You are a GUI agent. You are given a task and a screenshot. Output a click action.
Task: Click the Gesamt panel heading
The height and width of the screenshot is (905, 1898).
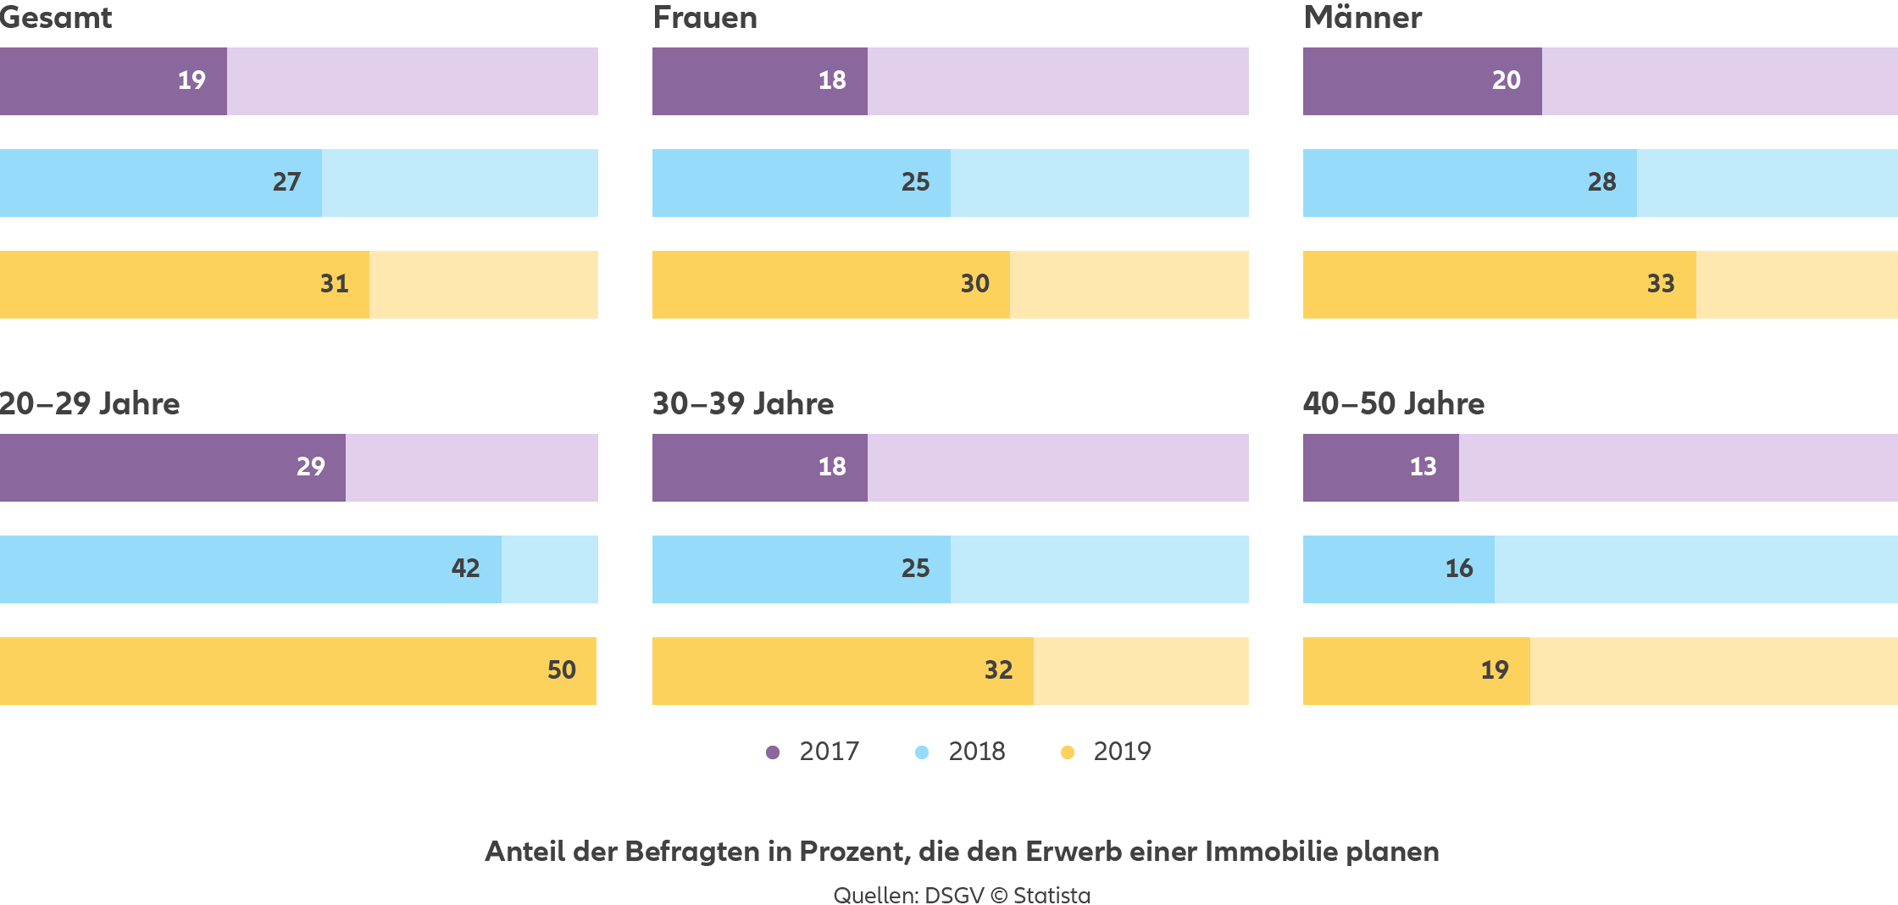(x=56, y=18)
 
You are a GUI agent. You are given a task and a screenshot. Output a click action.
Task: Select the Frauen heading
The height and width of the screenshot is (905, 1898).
(x=705, y=18)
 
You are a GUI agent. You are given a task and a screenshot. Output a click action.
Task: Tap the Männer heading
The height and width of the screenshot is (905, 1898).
(x=1362, y=18)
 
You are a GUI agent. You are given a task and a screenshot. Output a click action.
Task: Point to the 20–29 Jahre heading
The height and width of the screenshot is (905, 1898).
(x=90, y=403)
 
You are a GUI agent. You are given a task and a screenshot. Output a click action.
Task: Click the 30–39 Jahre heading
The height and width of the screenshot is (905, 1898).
(x=743, y=403)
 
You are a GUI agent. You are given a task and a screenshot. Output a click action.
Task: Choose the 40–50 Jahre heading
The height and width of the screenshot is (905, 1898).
(x=1394, y=403)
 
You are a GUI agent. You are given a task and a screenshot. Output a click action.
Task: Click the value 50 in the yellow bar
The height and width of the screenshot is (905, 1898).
(x=561, y=670)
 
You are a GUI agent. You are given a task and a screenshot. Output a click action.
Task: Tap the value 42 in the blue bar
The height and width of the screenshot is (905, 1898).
(x=465, y=569)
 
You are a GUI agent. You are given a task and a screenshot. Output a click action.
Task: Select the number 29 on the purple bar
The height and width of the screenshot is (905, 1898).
(x=310, y=467)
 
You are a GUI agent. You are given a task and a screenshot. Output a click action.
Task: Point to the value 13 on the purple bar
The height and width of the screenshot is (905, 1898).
(x=1423, y=467)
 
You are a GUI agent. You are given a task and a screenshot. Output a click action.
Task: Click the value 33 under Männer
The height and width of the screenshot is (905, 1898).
(x=1660, y=284)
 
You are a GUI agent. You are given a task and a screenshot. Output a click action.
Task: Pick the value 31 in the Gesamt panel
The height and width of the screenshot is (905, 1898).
(x=334, y=284)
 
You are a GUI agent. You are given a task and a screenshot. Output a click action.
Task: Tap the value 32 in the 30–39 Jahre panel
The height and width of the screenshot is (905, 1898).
(x=998, y=670)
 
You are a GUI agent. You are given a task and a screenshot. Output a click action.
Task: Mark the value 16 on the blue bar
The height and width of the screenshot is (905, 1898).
(x=1458, y=569)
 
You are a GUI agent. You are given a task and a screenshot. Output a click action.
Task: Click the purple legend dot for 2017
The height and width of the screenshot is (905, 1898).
(x=773, y=752)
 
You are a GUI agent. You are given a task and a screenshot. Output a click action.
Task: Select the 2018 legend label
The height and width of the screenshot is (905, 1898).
(x=976, y=752)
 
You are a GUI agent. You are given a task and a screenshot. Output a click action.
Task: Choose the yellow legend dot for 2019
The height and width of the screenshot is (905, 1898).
(x=1068, y=752)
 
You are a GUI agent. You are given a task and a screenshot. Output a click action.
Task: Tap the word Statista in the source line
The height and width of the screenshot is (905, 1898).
(x=1052, y=895)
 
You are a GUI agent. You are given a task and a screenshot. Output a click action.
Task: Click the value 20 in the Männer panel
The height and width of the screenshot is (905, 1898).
(x=1506, y=81)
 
